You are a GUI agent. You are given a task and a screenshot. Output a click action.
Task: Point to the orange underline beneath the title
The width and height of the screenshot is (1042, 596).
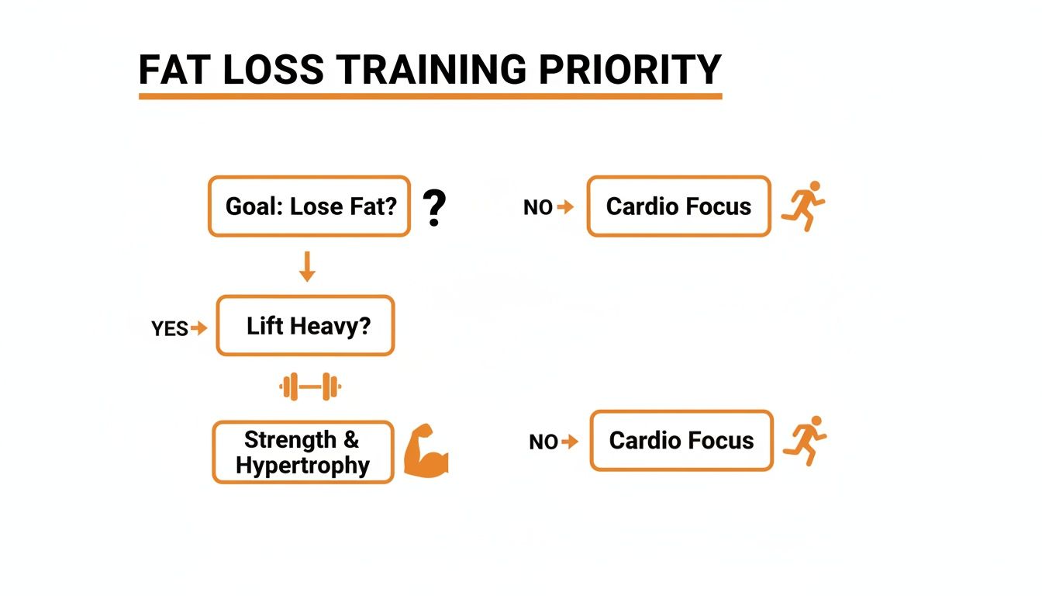pyautogui.click(x=430, y=96)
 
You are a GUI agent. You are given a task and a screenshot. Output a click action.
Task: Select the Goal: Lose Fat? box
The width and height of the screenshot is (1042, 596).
pyautogui.click(x=309, y=206)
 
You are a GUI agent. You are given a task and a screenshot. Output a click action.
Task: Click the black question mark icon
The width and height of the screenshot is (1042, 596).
pyautogui.click(x=435, y=209)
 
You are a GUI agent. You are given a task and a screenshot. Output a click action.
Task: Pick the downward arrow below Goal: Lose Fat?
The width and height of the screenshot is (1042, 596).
pyautogui.click(x=307, y=265)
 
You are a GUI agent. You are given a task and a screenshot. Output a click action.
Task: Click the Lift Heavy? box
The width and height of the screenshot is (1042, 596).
pyautogui.click(x=305, y=326)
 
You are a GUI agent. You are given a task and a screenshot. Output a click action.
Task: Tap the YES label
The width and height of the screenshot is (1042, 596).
pyautogui.click(x=170, y=329)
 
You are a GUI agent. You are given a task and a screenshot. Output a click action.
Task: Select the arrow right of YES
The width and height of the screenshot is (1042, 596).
pyautogui.click(x=200, y=328)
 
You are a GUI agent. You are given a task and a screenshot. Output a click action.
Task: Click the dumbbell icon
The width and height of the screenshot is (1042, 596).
pyautogui.click(x=310, y=386)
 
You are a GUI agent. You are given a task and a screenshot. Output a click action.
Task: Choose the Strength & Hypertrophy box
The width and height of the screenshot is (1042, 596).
pyautogui.click(x=302, y=452)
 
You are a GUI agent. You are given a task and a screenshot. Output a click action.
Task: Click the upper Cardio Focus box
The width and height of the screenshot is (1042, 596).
pyautogui.click(x=678, y=206)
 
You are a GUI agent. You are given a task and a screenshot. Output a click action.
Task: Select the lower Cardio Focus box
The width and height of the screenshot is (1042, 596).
pyautogui.click(x=681, y=441)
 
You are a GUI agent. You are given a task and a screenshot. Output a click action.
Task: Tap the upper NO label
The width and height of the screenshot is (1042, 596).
pyautogui.click(x=537, y=208)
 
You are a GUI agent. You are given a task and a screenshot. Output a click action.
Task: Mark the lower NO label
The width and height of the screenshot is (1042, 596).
pyautogui.click(x=543, y=442)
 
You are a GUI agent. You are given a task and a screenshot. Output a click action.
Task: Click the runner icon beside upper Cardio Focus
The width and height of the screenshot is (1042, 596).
pyautogui.click(x=803, y=205)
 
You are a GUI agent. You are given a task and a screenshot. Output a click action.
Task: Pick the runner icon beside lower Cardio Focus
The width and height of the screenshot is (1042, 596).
pyautogui.click(x=805, y=440)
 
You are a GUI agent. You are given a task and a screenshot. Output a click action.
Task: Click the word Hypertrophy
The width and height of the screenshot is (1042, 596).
pyautogui.click(x=302, y=466)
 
